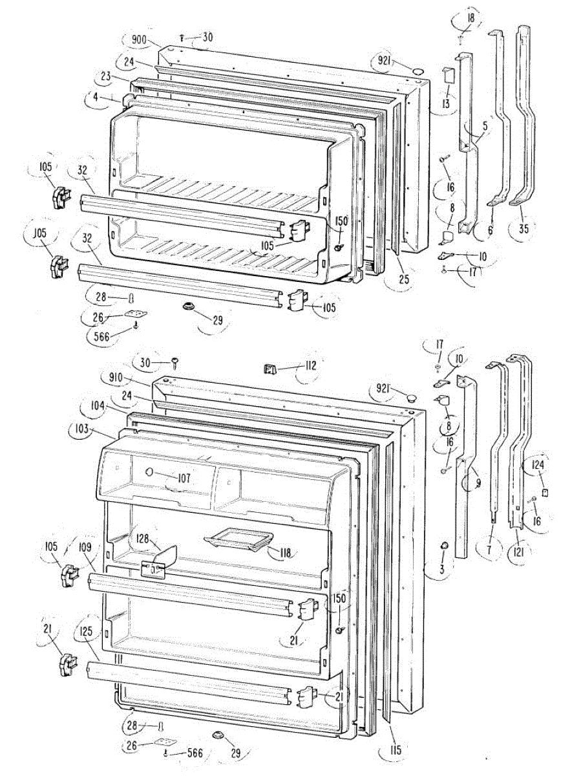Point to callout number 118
tap(284, 552)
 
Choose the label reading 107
tap(184, 479)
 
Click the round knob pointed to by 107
tap(150, 473)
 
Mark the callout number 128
tap(142, 539)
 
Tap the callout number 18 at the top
tap(470, 18)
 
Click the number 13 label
tap(446, 103)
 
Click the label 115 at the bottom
tap(396, 750)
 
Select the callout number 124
tap(538, 464)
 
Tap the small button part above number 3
tap(444, 547)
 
